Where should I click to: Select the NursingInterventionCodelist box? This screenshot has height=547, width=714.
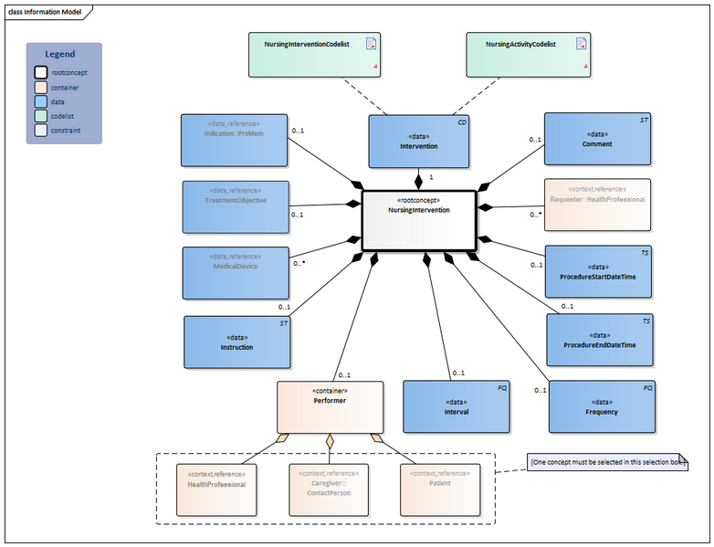314,54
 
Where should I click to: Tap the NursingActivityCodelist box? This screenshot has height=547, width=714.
528,54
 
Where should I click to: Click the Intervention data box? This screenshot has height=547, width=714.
418,141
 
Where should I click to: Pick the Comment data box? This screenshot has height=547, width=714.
598,139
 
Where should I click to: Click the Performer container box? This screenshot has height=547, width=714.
330,406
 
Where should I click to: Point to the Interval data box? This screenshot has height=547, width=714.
456,406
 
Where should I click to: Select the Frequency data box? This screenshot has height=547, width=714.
601,406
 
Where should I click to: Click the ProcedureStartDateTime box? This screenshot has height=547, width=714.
598,271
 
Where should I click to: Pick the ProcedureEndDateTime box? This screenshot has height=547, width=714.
600,340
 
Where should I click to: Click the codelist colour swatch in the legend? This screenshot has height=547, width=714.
40,116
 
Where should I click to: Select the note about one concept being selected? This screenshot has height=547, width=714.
606,463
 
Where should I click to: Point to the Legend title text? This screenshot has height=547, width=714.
60,54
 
